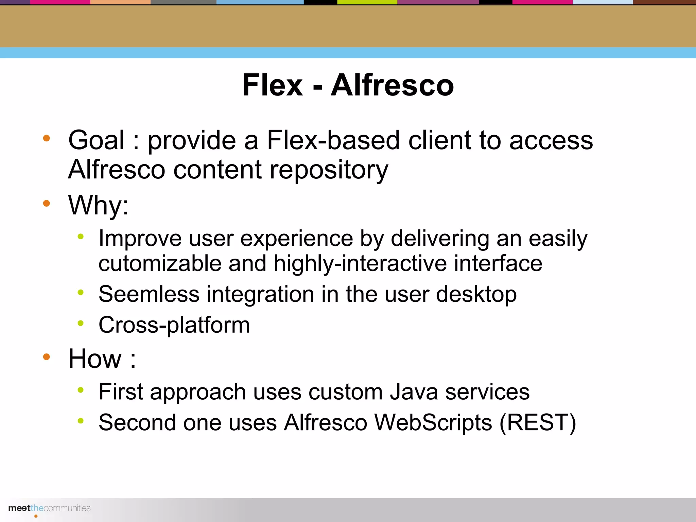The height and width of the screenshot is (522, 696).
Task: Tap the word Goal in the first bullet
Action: pyautogui.click(x=96, y=140)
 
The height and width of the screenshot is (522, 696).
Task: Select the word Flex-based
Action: pyautogui.click(x=333, y=140)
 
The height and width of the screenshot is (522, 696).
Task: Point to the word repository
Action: pyautogui.click(x=329, y=170)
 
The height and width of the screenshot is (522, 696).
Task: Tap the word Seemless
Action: pyautogui.click(x=149, y=294)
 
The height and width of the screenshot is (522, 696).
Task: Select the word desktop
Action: pyautogui.click(x=476, y=294)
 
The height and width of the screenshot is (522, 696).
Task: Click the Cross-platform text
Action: pyautogui.click(x=174, y=325)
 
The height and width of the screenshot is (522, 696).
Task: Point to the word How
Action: pyautogui.click(x=95, y=359)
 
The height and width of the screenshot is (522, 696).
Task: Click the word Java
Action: pyautogui.click(x=414, y=392)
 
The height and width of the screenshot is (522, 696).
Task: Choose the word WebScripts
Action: pyautogui.click(x=433, y=422)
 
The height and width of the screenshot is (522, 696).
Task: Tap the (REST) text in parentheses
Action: pyautogui.click(x=538, y=422)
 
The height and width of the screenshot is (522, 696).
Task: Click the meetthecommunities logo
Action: pyautogui.click(x=49, y=508)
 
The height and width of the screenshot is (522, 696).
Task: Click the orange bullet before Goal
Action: pyautogui.click(x=47, y=138)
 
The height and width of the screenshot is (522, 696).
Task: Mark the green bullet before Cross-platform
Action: pyautogui.click(x=81, y=323)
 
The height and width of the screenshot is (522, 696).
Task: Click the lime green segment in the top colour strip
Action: pyautogui.click(x=367, y=2)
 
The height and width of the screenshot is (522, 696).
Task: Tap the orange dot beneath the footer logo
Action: pyautogui.click(x=36, y=516)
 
